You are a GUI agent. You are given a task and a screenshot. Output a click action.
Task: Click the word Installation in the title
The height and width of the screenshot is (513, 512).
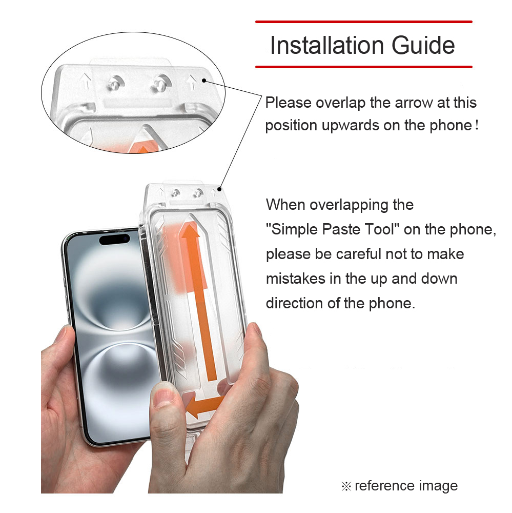point(327,45)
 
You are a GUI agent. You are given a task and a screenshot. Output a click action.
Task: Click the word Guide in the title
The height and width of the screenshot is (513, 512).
point(423,45)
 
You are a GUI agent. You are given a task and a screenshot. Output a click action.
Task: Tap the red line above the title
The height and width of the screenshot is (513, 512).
point(363,22)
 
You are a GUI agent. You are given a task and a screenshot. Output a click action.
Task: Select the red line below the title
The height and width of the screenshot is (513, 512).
point(363,67)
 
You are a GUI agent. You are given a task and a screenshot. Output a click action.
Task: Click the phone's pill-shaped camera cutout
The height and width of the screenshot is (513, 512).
point(114,239)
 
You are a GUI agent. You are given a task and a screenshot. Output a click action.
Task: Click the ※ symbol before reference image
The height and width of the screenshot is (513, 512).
point(346,486)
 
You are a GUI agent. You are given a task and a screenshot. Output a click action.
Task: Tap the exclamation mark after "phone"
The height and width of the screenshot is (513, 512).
point(477,125)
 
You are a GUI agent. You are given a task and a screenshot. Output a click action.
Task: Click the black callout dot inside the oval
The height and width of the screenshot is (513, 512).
point(204,81)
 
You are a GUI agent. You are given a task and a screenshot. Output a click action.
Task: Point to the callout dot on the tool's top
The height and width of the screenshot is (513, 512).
point(220,189)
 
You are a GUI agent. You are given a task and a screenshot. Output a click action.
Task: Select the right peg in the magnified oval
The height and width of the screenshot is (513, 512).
point(161,84)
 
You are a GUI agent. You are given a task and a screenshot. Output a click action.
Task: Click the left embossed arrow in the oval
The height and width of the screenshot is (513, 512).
point(86,81)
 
